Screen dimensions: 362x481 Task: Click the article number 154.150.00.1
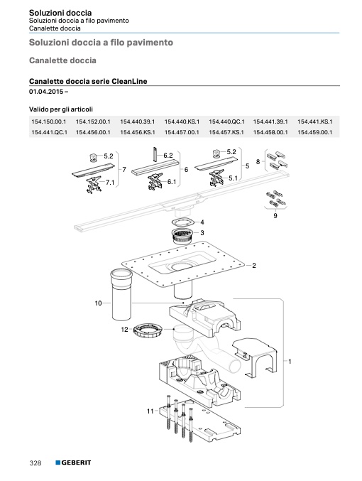49,121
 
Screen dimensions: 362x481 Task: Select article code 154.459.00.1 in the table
314,133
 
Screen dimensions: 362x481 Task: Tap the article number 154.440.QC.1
227,121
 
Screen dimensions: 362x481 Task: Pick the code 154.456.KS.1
138,133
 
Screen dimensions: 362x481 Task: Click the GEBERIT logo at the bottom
73,463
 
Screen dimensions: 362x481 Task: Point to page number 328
35,463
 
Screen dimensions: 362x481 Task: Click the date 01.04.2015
46,92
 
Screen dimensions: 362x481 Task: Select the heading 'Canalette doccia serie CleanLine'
88,81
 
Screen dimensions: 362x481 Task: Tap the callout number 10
98,303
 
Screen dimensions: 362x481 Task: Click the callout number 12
124,330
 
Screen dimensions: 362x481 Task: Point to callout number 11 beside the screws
150,411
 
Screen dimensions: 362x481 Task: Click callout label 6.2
168,156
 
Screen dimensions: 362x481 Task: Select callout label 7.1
110,183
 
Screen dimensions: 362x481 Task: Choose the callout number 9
275,216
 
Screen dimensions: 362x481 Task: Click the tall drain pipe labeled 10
121,294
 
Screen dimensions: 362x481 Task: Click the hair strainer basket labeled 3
182,236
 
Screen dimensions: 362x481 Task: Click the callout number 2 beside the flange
254,266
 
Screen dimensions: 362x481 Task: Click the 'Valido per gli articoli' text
61,109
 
